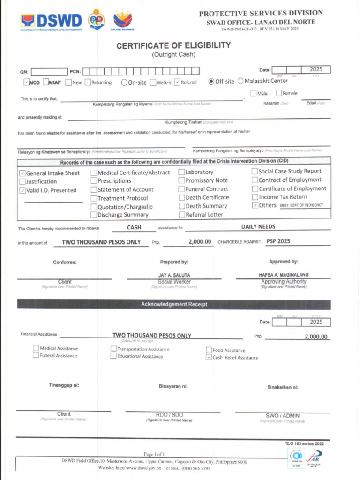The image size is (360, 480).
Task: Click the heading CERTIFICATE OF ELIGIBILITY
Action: pos(173,45)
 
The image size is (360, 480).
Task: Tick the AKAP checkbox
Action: pos(46,82)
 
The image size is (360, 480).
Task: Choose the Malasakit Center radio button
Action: pos(240,81)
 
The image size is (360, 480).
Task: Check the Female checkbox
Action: pos(278,93)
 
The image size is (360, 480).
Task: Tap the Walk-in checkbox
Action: pos(153,82)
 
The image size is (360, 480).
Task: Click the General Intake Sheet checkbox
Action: pos(22,173)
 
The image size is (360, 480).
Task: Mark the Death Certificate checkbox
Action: pos(181,197)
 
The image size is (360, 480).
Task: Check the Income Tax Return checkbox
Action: pos(255,197)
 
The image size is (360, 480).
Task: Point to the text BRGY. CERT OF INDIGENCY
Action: pos(301,205)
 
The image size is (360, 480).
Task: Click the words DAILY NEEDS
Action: pos(258,227)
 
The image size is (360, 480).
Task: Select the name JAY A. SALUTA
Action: pos(174,275)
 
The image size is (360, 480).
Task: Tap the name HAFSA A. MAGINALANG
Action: pos(284,275)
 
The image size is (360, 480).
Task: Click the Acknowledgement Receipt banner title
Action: pos(174,304)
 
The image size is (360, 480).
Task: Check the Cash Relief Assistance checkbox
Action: pos(209,357)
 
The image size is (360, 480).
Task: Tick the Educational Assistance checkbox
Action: pos(113,356)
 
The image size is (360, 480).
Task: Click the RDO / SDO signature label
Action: pos(169,415)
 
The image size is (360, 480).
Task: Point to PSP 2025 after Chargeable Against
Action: pos(278,241)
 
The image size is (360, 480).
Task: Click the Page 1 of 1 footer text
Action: pos(154,454)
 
